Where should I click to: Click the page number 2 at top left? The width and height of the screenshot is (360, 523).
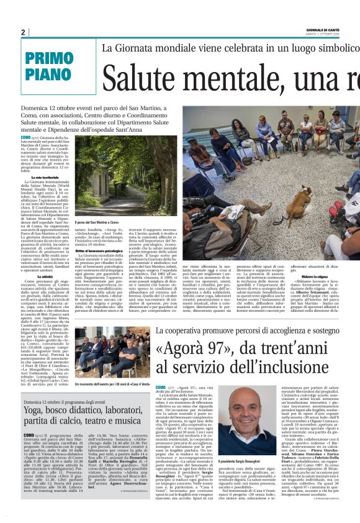coord(24,32)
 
